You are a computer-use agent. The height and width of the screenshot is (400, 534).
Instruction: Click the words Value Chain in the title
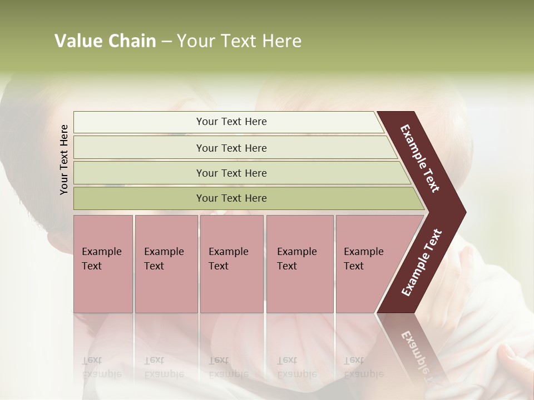point(105,41)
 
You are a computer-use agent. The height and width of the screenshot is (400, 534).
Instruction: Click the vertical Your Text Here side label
point(64,159)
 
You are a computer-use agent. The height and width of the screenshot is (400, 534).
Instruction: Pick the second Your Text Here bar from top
point(231,148)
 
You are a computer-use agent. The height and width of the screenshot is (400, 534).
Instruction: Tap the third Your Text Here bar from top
point(231,173)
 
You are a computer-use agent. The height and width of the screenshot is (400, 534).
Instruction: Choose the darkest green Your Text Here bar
point(231,198)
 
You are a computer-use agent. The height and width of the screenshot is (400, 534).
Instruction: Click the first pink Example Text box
point(103,264)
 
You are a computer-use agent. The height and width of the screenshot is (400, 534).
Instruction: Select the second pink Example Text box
point(166,264)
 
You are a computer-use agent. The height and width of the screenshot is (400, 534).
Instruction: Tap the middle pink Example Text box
point(231,264)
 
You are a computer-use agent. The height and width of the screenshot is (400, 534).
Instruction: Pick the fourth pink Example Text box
point(299,264)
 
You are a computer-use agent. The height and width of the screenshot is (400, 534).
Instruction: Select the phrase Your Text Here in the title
point(239,41)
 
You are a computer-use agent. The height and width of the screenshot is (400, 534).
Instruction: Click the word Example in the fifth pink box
point(363,252)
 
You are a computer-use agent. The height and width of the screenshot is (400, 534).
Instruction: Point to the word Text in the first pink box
point(92,266)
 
